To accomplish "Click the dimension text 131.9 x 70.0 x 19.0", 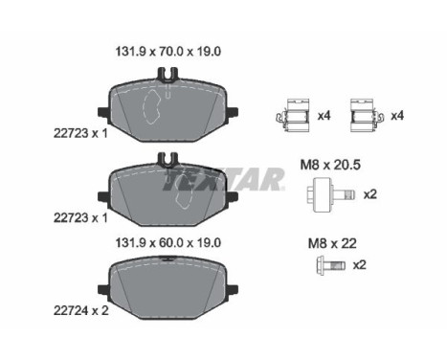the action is tap(168, 52).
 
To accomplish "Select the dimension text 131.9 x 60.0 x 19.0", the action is tap(168, 243).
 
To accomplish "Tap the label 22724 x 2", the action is tap(81, 310).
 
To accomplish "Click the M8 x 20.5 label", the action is tap(330, 165).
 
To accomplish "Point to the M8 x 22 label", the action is tap(332, 244).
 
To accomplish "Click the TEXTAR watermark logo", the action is tap(223, 179).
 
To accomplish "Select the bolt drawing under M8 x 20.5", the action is tap(332, 194).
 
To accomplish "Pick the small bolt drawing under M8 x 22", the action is tap(330, 265).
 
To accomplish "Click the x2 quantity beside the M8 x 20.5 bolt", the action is tap(370, 194).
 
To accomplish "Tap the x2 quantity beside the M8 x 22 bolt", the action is tap(359, 265).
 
